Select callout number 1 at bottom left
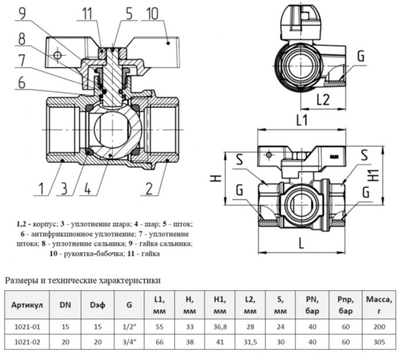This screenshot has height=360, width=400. [x=42, y=189]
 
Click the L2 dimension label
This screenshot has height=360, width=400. [x=323, y=99]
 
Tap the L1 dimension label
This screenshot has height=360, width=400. [x=302, y=121]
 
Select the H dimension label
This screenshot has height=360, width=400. [x=215, y=179]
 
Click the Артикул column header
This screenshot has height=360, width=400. [x=27, y=305]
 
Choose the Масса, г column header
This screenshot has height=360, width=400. [x=378, y=305]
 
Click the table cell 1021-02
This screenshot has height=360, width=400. [x=27, y=342]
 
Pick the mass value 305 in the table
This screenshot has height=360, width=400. [x=378, y=342]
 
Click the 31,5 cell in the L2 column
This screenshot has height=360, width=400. [x=250, y=342]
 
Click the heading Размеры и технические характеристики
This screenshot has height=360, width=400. [x=82, y=280]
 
